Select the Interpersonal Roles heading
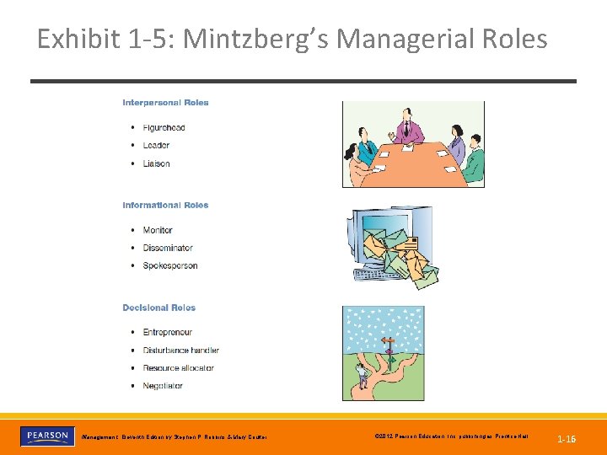(x=165, y=103)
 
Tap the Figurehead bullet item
(x=164, y=128)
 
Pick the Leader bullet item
(x=156, y=146)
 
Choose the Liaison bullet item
(x=156, y=163)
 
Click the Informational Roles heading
(x=165, y=206)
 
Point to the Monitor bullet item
(x=158, y=230)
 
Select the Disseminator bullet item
(x=168, y=248)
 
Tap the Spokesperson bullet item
(x=170, y=265)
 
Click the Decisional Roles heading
(x=158, y=308)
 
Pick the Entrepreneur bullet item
(x=168, y=332)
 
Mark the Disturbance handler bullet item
(x=180, y=351)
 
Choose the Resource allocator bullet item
(x=178, y=368)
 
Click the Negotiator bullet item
(x=163, y=386)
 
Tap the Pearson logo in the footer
(x=46, y=436)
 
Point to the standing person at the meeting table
(x=410, y=126)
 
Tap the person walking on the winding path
(x=363, y=374)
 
